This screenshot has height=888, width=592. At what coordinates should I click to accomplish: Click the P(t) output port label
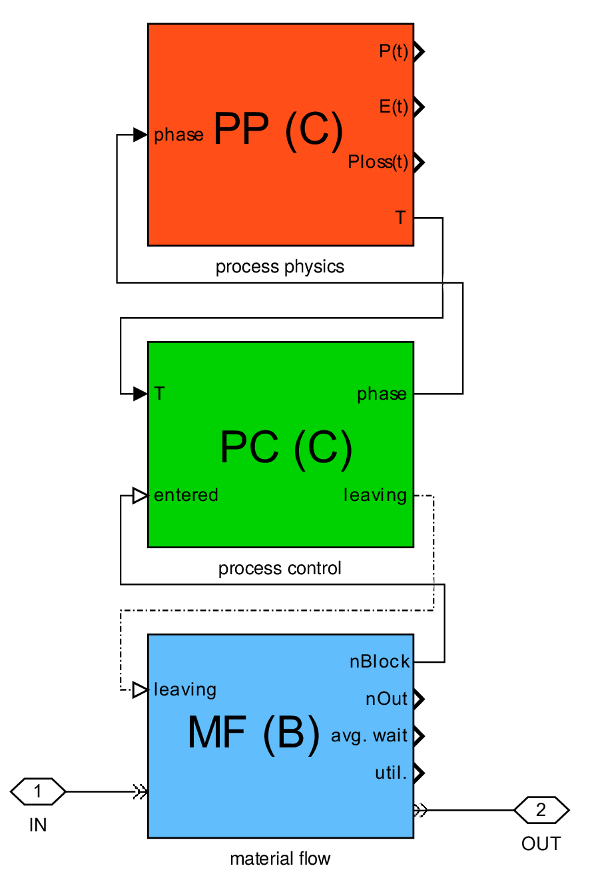click(x=393, y=51)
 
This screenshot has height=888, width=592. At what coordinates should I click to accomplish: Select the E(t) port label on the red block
click(x=393, y=107)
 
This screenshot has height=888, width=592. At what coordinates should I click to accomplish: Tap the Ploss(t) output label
click(x=378, y=162)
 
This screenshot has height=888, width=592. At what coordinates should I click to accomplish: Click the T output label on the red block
click(x=400, y=218)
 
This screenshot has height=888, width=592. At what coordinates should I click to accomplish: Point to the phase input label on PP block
click(x=178, y=135)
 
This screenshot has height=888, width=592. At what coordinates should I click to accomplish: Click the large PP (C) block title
click(x=279, y=131)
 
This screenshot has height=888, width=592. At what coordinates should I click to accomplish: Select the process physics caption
click(x=280, y=267)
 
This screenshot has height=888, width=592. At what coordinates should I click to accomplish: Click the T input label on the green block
click(x=159, y=394)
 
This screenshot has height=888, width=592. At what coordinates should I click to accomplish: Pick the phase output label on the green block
click(x=382, y=394)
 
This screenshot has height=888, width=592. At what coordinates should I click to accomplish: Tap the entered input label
click(x=186, y=495)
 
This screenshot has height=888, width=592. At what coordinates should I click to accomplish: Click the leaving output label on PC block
click(x=375, y=496)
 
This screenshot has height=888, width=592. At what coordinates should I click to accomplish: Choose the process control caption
click(x=280, y=568)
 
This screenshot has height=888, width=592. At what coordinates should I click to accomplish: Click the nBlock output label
click(x=380, y=662)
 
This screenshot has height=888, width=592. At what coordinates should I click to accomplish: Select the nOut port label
click(x=386, y=699)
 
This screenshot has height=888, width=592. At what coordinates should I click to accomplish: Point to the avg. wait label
click(x=369, y=736)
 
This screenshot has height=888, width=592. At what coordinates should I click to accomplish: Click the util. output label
click(x=391, y=773)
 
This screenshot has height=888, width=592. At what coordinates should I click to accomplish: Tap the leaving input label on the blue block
click(x=184, y=689)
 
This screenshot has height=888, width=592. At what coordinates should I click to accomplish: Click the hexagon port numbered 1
click(x=38, y=791)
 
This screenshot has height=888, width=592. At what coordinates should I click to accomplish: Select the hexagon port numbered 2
click(x=541, y=810)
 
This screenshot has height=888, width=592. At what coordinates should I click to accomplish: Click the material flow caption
click(x=280, y=859)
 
